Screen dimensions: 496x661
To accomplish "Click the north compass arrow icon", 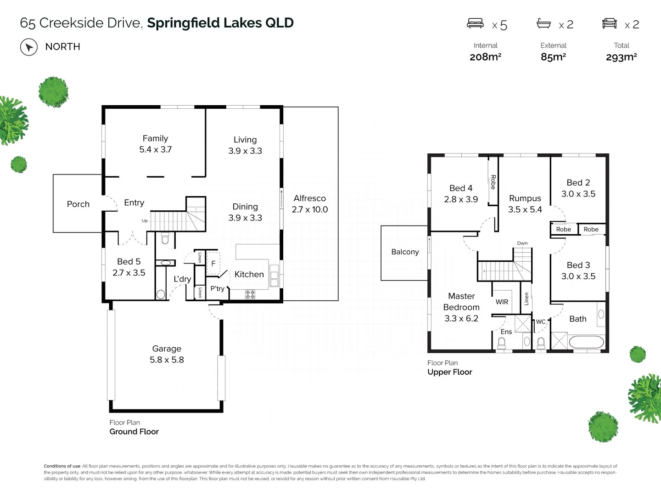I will (29, 47).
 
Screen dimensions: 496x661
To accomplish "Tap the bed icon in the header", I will (475, 23).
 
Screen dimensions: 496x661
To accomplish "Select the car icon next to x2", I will (609, 23).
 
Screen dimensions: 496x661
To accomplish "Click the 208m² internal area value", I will (485, 57).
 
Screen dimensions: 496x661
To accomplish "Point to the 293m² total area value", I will (621, 57).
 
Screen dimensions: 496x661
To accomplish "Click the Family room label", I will (155, 138).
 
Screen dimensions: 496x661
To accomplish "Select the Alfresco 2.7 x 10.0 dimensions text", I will (310, 209).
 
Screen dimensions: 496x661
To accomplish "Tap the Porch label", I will (78, 204).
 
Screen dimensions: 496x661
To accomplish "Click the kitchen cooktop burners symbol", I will (250, 294).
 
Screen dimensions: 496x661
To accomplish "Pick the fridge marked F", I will (213, 264).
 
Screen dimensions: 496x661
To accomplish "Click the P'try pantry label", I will (217, 288).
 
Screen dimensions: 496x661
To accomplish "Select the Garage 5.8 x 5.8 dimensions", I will (167, 360).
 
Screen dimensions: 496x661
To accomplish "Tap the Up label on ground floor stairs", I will (145, 221).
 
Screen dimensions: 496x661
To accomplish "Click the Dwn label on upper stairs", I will (522, 243).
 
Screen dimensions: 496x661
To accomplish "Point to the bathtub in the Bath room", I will (586, 343).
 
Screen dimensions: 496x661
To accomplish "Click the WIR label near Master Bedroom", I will (502, 302).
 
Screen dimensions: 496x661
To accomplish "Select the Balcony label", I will (405, 252).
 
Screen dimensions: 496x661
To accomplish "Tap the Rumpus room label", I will (525, 198).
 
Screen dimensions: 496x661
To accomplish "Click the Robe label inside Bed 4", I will (493, 182).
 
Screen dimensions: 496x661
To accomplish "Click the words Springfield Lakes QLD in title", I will (220, 23).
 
